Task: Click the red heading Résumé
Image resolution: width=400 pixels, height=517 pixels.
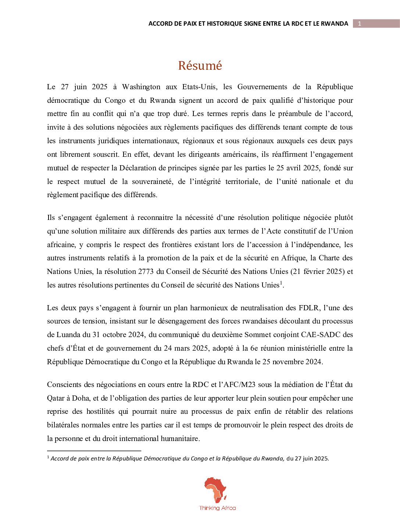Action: (200, 66)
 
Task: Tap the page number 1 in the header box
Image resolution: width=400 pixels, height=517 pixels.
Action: (360, 24)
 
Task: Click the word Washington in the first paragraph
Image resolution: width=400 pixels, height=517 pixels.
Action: (141, 87)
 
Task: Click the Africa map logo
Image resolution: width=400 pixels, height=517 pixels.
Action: (216, 490)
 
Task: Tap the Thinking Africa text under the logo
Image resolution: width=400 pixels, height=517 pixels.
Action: (217, 508)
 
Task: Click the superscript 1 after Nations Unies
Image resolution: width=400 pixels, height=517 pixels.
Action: (281, 283)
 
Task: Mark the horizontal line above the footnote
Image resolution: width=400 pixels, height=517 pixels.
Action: (94, 451)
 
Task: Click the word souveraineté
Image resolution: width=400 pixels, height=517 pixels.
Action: (149, 182)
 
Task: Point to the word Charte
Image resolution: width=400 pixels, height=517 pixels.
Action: (329, 258)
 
